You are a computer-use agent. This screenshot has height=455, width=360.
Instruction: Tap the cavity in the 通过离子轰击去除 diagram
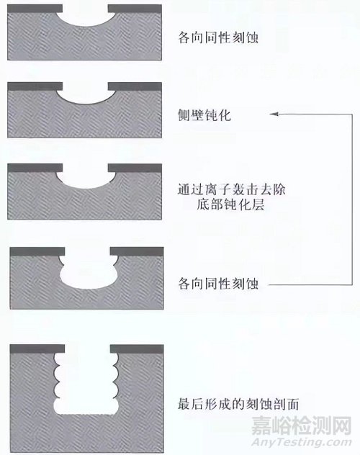click(84, 179)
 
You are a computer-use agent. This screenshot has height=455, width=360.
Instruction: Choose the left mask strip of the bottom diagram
click(34, 348)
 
